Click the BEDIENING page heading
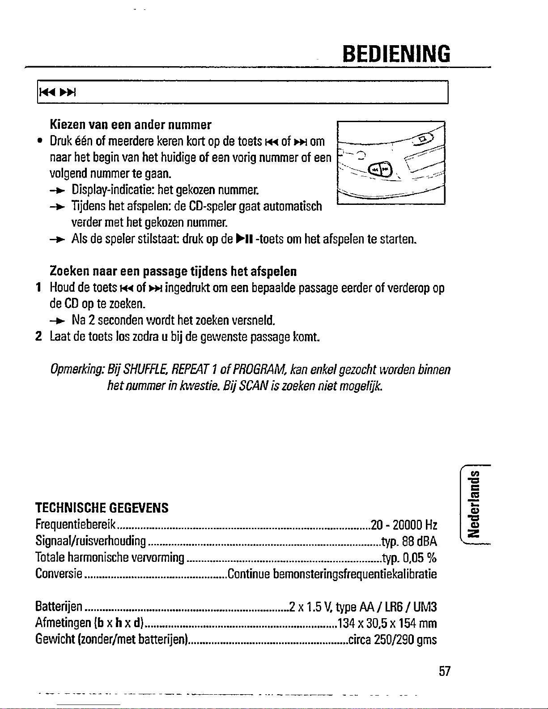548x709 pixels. [x=395, y=54]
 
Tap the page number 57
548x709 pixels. [x=444, y=671]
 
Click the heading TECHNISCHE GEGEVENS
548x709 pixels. [x=102, y=508]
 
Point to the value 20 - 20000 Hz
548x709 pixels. [x=404, y=525]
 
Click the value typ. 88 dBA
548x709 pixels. [x=409, y=542]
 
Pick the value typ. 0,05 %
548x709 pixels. [x=409, y=558]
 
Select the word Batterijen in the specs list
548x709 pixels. [x=59, y=607]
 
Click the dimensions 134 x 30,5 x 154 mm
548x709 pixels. [x=387, y=623]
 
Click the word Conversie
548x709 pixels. [x=58, y=573]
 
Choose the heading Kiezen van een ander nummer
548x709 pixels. [x=131, y=124]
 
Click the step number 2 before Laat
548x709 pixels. [x=38, y=336]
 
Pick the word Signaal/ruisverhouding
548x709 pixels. [x=91, y=542]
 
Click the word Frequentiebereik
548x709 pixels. [x=76, y=525]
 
